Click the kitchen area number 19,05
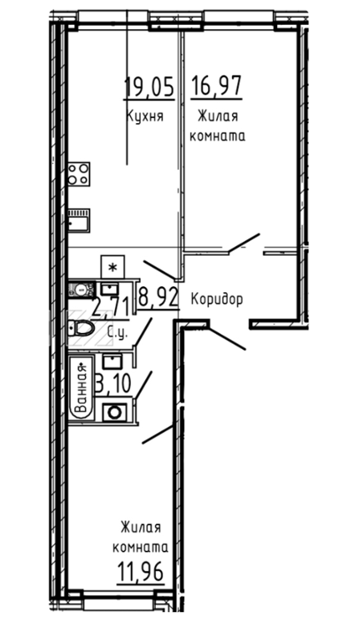(x=150, y=87)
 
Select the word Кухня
(x=144, y=116)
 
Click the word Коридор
(x=217, y=299)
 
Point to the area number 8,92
(x=158, y=298)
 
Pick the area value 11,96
(x=141, y=571)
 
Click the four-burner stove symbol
(x=79, y=174)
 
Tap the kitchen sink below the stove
(x=79, y=220)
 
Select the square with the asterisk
(x=112, y=267)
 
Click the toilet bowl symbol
(x=81, y=328)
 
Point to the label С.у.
(x=118, y=333)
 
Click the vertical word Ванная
(x=81, y=387)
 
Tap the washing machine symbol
(x=115, y=413)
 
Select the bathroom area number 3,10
(x=113, y=383)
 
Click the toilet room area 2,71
(x=111, y=306)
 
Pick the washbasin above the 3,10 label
(x=112, y=361)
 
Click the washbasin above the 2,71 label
(x=107, y=289)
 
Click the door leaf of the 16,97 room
(x=244, y=243)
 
